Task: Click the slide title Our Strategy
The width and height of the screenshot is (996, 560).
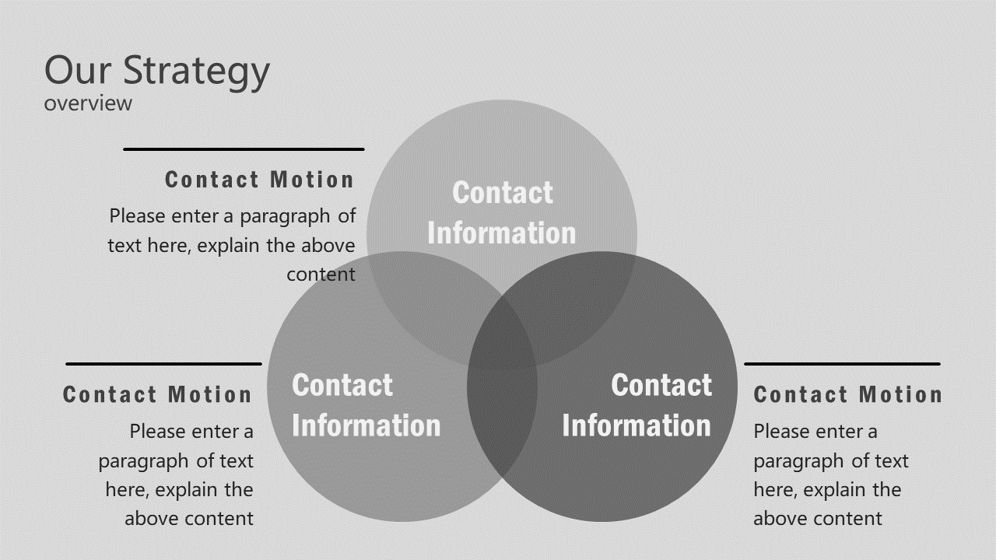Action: (x=156, y=71)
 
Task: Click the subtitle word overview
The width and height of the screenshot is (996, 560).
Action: (x=88, y=103)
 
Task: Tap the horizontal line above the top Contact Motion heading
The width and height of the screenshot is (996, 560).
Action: (x=244, y=149)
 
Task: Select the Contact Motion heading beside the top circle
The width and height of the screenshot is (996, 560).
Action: (x=259, y=180)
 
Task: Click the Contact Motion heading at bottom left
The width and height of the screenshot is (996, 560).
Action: (x=157, y=394)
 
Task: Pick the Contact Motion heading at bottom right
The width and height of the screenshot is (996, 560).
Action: (x=847, y=394)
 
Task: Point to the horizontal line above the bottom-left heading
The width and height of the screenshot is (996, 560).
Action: (x=163, y=363)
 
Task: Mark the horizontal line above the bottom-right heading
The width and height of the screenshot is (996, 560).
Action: (x=842, y=363)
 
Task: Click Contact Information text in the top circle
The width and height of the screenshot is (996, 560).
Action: (x=502, y=212)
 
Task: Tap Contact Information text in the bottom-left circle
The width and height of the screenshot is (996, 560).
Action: (x=366, y=405)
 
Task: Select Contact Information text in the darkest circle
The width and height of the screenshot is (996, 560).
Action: (x=637, y=405)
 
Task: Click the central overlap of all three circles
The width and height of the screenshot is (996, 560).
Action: (x=502, y=331)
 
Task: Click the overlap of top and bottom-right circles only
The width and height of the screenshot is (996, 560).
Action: (x=576, y=292)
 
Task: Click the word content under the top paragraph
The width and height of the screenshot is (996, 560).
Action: (x=321, y=275)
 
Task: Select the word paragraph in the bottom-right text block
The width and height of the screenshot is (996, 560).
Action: (x=798, y=461)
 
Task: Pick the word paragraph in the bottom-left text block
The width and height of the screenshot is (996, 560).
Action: (x=144, y=461)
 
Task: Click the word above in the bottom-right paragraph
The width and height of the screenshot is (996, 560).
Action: (x=780, y=519)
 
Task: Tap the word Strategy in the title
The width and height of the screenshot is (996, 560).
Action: (x=196, y=71)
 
